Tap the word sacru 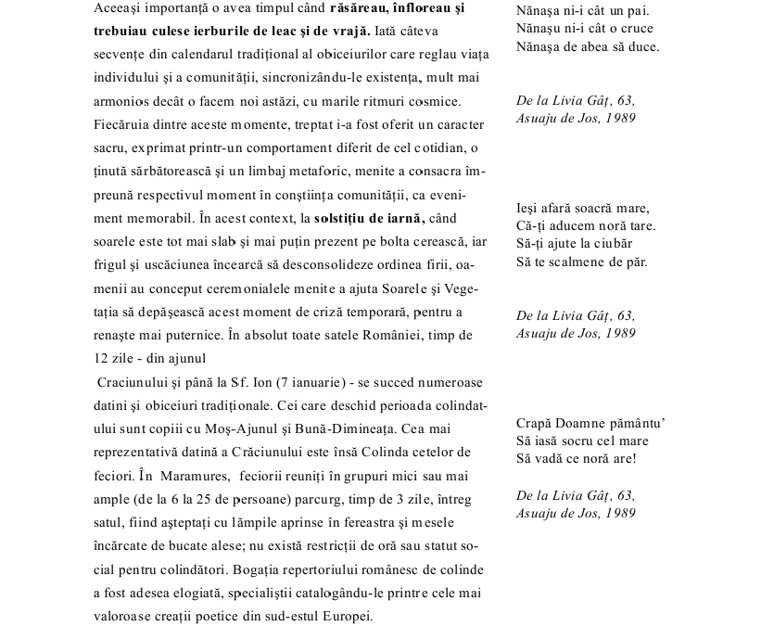[x=110, y=147]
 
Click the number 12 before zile [x=102, y=358]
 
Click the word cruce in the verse [x=633, y=28]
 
